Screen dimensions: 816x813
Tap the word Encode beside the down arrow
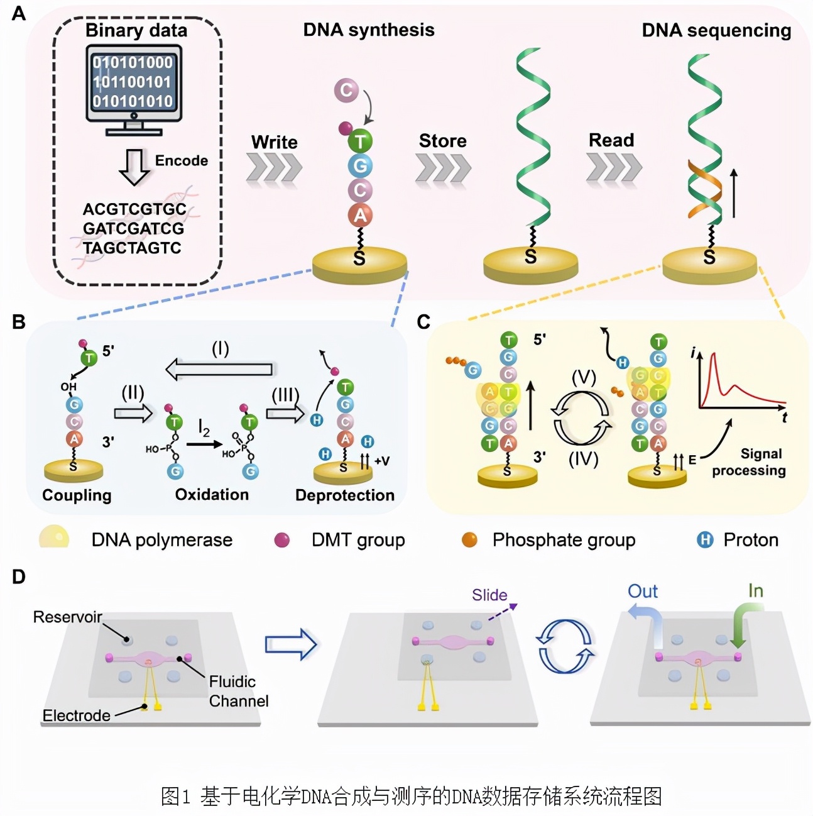point(181,161)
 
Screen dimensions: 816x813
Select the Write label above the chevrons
point(275,142)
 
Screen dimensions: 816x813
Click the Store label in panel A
point(442,141)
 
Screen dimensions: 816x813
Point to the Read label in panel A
point(611,140)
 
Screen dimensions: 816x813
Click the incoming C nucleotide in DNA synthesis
point(346,91)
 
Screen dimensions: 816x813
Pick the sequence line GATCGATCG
point(133,228)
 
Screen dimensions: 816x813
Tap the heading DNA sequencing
point(716,30)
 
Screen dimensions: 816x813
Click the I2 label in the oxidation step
point(204,429)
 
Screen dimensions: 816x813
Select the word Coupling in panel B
point(77,495)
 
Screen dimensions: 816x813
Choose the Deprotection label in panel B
point(345,495)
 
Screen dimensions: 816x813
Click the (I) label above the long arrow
point(220,349)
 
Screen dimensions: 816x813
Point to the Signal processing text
point(749,462)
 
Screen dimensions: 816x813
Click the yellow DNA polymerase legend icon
point(54,538)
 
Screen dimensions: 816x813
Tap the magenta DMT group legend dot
point(282,540)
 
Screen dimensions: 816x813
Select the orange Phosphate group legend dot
point(469,540)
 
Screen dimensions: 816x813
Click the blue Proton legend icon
point(705,540)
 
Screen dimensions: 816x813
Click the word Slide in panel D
point(489,595)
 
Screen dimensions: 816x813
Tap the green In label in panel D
point(755,591)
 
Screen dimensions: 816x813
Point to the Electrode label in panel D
point(76,715)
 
